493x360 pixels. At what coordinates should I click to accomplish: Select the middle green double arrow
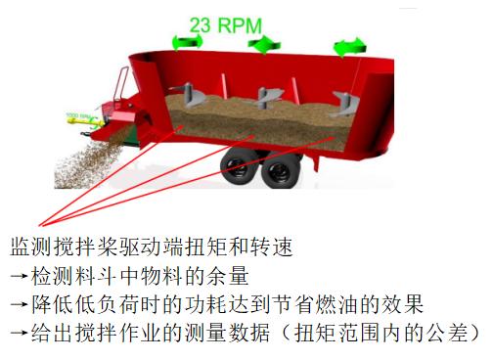pos(262,45)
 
